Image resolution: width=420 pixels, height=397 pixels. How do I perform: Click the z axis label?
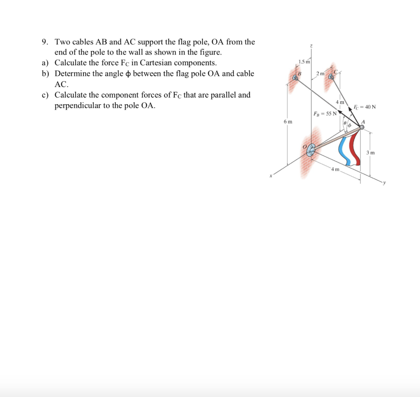point(311,47)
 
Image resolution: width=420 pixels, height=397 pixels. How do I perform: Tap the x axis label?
point(271,177)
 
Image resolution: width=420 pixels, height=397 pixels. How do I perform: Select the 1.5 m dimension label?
point(304,62)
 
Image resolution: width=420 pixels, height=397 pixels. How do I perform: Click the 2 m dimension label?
point(320,73)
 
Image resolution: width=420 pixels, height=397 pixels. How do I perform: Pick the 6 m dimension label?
point(288,122)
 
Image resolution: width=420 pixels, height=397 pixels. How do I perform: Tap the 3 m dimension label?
point(370,153)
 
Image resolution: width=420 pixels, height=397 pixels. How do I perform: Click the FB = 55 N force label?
point(325,113)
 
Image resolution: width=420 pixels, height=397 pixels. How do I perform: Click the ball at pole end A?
point(362,127)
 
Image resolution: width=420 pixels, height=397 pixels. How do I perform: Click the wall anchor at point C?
point(331,76)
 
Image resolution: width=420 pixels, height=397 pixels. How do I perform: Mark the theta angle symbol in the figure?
point(345,123)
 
